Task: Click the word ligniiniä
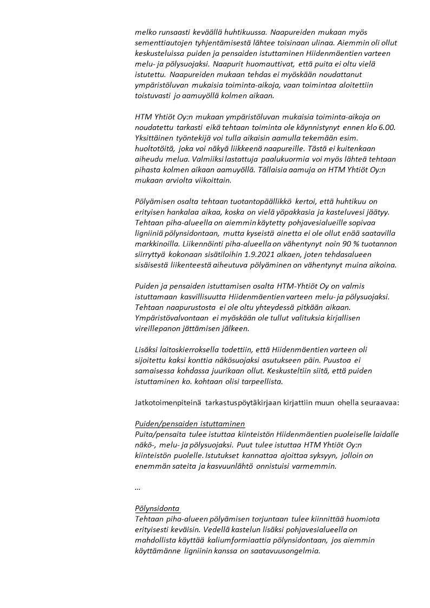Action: (x=152, y=232)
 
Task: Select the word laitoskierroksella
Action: (x=187, y=349)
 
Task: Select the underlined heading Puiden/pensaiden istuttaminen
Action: (x=190, y=423)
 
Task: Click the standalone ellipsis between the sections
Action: (x=138, y=487)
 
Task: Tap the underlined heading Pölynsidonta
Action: (x=157, y=508)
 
